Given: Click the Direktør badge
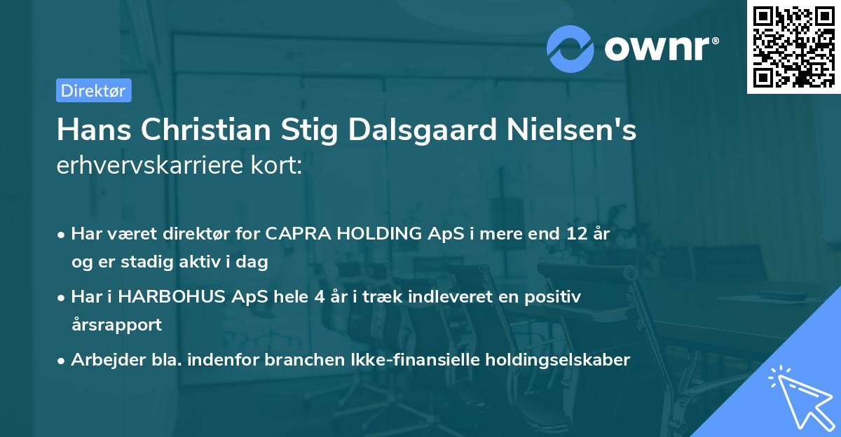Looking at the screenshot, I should tap(93, 90).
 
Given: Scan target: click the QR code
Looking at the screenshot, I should tap(793, 46).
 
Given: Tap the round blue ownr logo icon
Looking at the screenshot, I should tap(570, 49).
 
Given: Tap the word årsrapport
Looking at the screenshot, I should tap(116, 324).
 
